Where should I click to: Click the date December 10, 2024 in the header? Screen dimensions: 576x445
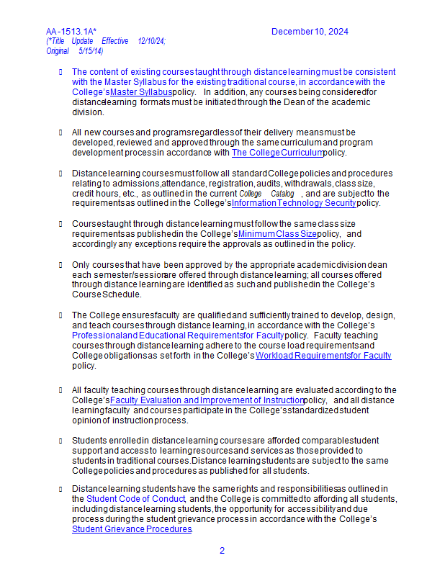point(310,32)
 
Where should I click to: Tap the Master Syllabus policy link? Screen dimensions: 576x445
point(141,92)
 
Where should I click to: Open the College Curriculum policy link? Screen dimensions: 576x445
point(277,153)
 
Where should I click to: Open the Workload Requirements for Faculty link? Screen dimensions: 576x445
point(323,356)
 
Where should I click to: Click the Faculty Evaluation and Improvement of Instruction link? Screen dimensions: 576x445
point(207,400)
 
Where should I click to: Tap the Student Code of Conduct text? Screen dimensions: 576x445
point(136,498)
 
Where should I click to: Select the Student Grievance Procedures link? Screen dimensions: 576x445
point(132,529)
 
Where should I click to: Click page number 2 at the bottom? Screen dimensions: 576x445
point(222,551)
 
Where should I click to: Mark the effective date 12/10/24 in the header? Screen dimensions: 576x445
point(151,42)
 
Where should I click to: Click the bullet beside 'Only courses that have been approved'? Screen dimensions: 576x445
point(60,265)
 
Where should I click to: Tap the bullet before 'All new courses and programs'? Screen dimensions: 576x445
point(60,132)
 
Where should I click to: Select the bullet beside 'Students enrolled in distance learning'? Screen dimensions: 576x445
point(60,441)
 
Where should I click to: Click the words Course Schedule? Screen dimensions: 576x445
point(107,294)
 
